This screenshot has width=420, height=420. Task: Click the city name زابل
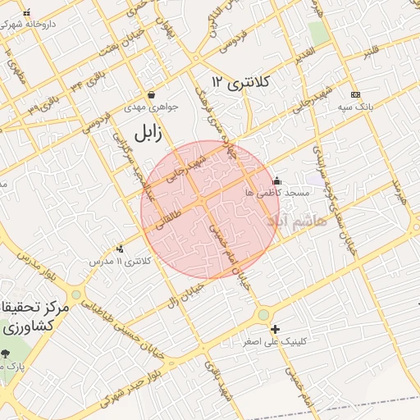tap(153, 131)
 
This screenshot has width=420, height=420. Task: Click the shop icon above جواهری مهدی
tap(150, 94)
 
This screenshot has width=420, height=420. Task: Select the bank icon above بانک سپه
tap(354, 94)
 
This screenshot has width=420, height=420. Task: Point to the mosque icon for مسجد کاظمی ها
tap(276, 180)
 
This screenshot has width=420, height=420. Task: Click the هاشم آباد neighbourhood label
tap(296, 221)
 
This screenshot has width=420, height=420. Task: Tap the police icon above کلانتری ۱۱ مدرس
tap(121, 249)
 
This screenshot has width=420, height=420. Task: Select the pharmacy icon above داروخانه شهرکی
tap(27, 13)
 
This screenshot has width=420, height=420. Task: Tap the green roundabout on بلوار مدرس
tap(76, 294)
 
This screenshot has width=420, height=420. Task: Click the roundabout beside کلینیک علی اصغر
tap(263, 313)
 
